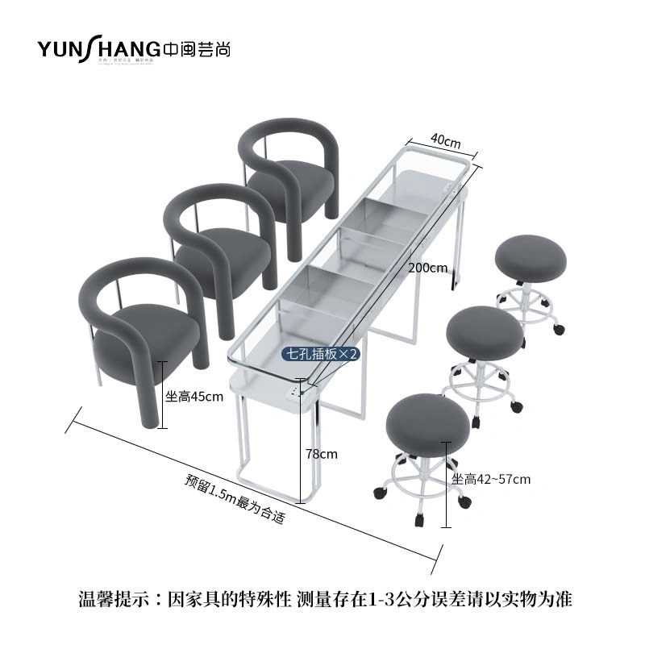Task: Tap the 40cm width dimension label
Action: point(444,140)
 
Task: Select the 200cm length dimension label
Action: point(427,268)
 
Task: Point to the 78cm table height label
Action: point(322,454)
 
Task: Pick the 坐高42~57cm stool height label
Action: point(490,480)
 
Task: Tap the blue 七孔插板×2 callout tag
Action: point(319,353)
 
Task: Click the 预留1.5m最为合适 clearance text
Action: point(235,499)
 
